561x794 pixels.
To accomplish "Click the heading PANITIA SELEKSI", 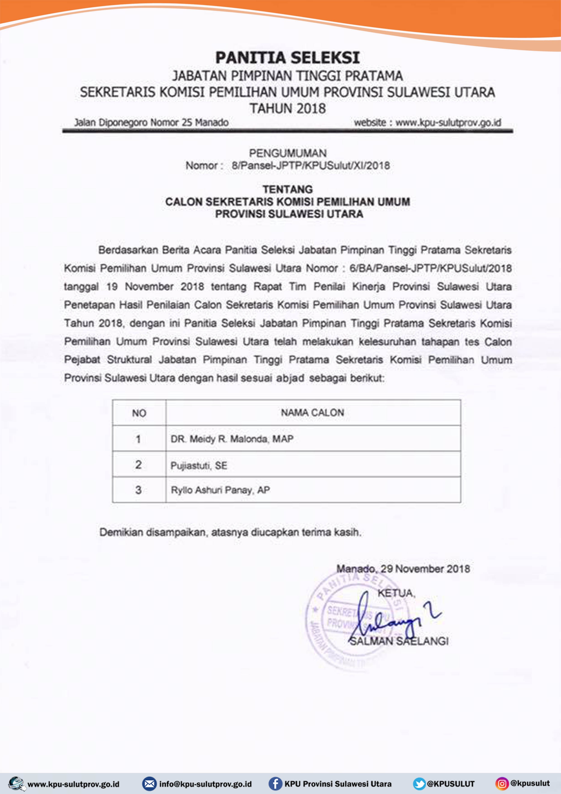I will pos(287,58).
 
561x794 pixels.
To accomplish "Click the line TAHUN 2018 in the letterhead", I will pos(288,109).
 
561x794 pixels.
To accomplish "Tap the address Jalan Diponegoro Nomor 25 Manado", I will pos(151,122).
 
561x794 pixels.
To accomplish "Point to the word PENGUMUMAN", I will pos(288,153).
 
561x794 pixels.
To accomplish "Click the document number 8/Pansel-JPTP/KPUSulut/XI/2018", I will pos(310,166).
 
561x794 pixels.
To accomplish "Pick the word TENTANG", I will pos(288,189).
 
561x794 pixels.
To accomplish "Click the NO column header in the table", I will pos(139,413).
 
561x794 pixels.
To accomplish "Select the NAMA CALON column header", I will pos(312,413).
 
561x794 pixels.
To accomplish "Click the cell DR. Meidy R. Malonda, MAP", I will pos(232,439).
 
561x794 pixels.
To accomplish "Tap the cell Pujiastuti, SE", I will pos(199,466).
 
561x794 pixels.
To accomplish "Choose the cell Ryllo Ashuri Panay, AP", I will pos(220,490).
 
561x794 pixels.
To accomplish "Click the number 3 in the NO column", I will pos(138,490).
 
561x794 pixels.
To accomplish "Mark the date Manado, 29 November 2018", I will pos(403,569).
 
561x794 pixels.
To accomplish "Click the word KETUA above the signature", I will pos(396,593).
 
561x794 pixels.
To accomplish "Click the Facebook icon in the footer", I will pos(275,783).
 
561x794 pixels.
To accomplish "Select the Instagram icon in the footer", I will pos(502,783).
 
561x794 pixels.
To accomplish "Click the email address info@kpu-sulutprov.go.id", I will pos(205,784).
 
